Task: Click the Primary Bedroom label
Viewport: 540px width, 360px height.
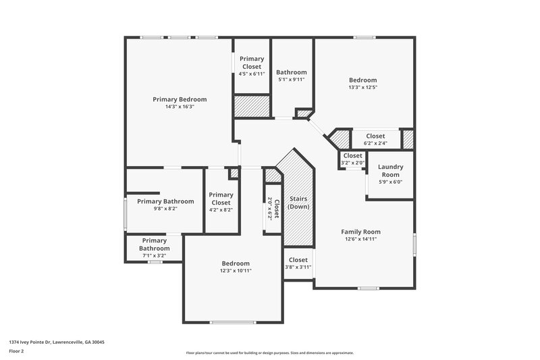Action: point(179,99)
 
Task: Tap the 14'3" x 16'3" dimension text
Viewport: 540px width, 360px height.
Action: point(179,107)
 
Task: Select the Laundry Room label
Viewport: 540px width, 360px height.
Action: point(390,170)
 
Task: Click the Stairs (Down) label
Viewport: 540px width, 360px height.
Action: point(298,203)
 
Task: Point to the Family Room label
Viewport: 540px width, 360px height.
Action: point(360,232)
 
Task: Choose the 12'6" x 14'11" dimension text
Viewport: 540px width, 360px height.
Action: point(360,239)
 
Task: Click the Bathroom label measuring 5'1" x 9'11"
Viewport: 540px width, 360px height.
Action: point(292,72)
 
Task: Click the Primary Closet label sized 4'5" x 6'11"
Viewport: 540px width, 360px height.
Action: point(252,63)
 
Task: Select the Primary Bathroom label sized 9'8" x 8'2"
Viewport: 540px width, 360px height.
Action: point(165,201)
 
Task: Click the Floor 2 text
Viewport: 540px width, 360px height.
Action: point(16,351)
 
